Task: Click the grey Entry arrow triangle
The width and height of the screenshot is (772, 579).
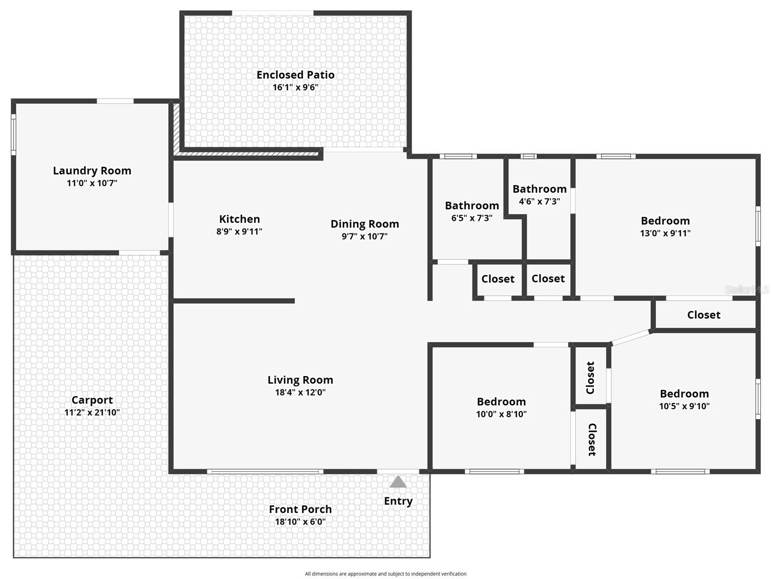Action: (398, 482)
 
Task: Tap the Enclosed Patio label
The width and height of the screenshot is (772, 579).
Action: (295, 75)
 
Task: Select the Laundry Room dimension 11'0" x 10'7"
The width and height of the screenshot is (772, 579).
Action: (92, 183)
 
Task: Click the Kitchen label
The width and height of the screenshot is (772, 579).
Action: (239, 219)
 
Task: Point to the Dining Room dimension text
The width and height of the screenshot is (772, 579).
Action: (365, 236)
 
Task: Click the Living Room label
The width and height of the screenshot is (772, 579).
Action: (300, 380)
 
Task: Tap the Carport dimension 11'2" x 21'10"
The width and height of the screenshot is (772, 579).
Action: (92, 413)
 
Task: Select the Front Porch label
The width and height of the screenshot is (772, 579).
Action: (300, 509)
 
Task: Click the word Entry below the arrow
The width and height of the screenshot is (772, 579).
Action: (398, 501)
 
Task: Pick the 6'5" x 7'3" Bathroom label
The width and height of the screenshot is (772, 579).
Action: (472, 206)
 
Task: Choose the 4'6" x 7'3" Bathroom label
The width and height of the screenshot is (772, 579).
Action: (539, 189)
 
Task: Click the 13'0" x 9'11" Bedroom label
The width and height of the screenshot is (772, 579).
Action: (665, 221)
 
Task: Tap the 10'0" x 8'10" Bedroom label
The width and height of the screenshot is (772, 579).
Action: (501, 402)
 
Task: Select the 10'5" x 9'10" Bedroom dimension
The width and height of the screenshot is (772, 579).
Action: (684, 406)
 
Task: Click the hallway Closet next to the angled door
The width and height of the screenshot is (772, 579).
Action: (704, 315)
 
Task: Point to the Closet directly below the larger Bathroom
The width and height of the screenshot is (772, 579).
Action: (498, 279)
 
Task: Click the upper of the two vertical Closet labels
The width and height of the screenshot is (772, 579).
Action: (590, 377)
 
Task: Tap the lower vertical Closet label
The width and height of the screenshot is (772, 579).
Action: (592, 439)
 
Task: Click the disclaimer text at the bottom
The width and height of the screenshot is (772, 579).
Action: (385, 574)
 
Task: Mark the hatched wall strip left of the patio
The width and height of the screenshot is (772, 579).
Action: (176, 128)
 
